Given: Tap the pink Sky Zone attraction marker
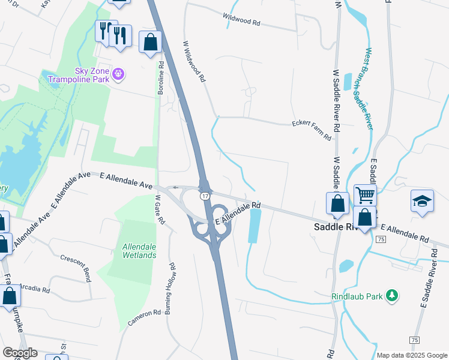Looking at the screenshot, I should [x=119, y=74].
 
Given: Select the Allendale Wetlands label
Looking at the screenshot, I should [x=139, y=251].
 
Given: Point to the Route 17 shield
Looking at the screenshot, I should [x=205, y=196].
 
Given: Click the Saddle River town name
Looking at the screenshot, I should [x=336, y=227].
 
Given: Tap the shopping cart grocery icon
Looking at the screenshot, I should [x=364, y=195].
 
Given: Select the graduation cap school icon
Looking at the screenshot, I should [x=422, y=200].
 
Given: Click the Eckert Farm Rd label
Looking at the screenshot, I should [x=312, y=129].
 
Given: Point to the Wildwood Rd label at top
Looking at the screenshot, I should [x=241, y=20].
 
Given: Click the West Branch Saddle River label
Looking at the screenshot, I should [x=369, y=88].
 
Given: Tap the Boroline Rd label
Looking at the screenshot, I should [x=160, y=77].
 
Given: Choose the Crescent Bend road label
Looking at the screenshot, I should [x=76, y=268].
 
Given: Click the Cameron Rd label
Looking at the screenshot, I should [x=144, y=318].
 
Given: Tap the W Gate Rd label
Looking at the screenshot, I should [x=160, y=209].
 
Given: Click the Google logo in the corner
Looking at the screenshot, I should [x=20, y=353].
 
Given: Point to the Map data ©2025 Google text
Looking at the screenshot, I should [x=412, y=355].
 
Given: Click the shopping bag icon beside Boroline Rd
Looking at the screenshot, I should [x=150, y=43].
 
